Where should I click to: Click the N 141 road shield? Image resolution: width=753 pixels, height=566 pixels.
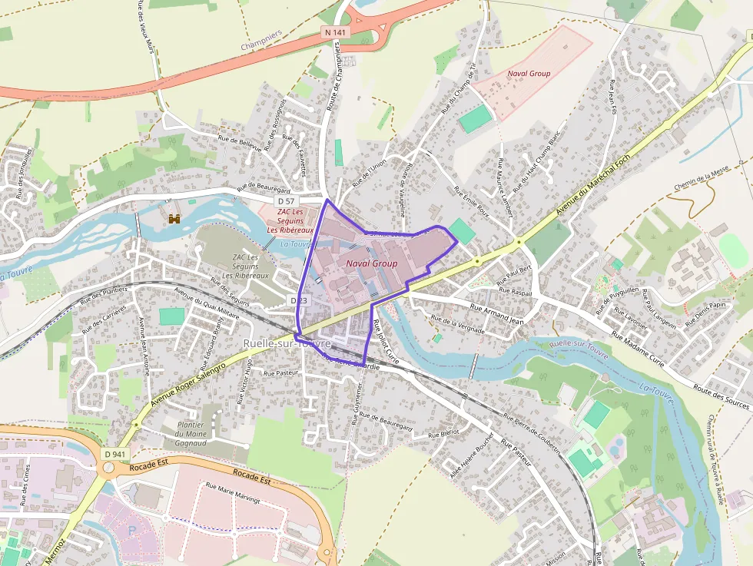(335, 32)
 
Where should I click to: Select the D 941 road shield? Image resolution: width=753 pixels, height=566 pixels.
(114, 454)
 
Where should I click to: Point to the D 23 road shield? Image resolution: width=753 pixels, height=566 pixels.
(299, 300)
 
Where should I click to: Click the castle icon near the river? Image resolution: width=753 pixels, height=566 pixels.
(174, 219)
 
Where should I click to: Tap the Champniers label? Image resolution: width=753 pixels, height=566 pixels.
(261, 41)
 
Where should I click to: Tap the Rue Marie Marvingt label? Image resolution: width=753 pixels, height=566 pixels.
(233, 492)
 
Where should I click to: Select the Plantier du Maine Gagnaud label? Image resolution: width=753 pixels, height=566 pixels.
(190, 434)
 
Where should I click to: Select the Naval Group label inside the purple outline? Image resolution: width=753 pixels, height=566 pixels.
(372, 263)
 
